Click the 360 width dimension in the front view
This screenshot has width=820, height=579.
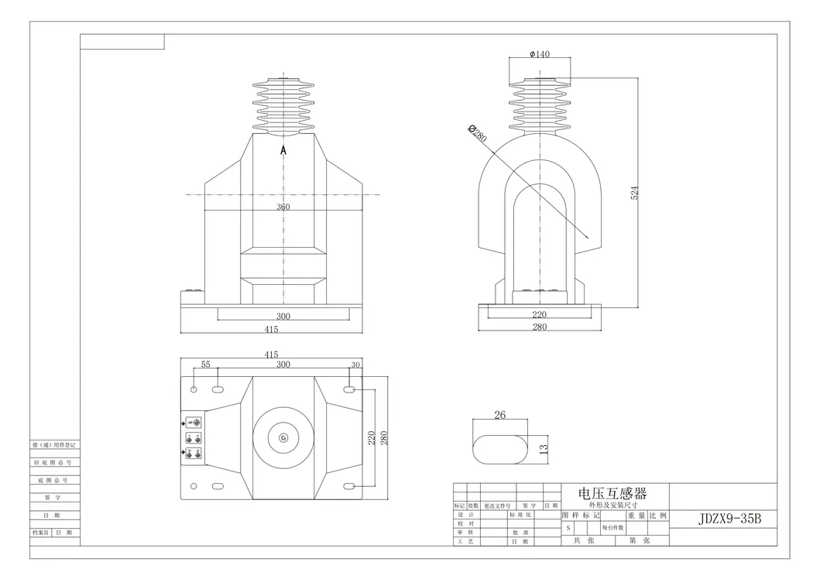(283, 207)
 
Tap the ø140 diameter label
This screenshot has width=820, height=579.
(539, 54)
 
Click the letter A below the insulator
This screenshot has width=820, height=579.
(283, 151)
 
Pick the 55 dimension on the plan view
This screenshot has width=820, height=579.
(205, 364)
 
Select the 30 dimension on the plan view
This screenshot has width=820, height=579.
(355, 364)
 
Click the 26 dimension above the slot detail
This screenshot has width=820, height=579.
(499, 415)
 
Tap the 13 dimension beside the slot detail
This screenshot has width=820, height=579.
(544, 448)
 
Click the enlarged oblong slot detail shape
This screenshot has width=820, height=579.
(499, 448)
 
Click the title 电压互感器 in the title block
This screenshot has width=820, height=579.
(612, 492)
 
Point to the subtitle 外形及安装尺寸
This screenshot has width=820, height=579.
(612, 505)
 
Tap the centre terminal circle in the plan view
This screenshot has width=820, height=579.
(283, 439)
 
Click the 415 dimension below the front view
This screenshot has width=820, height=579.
(271, 329)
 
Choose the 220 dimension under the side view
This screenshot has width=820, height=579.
(539, 314)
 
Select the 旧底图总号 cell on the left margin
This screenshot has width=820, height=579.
(55, 462)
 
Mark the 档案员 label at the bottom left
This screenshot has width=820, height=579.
(41, 533)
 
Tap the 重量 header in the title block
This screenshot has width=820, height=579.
(636, 516)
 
